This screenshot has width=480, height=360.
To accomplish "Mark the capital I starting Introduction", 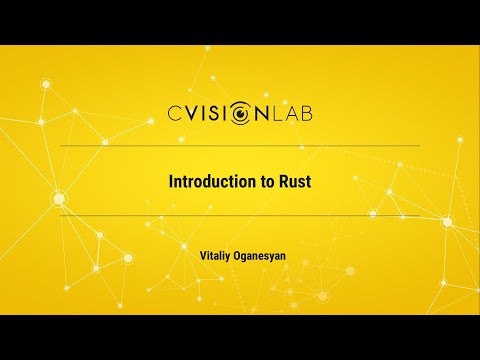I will pyautogui.click(x=169, y=183).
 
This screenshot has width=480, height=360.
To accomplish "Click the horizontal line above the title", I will pyautogui.click(x=240, y=146).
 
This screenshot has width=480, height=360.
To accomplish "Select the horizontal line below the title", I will pyautogui.click(x=240, y=215).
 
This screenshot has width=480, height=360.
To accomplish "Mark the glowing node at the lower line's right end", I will pyautogui.click(x=447, y=221).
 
